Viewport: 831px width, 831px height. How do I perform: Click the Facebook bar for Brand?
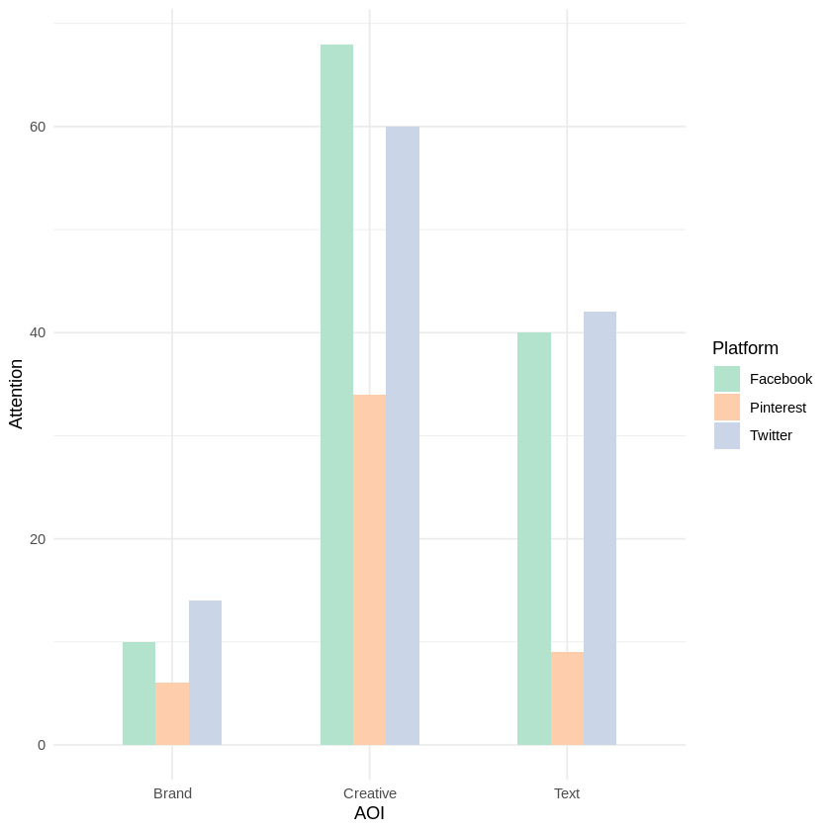(x=138, y=693)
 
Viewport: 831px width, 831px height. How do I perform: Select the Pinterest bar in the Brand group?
(x=172, y=713)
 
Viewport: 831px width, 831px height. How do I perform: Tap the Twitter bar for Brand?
(x=205, y=673)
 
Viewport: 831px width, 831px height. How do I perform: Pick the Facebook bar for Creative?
(x=336, y=395)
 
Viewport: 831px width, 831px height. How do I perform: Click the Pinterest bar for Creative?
(x=369, y=570)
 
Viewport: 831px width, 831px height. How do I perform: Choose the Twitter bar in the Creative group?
(x=403, y=435)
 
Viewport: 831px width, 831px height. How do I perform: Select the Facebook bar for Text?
(x=534, y=538)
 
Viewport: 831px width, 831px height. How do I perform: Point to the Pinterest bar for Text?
(x=567, y=698)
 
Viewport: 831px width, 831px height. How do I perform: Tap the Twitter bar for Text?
(x=600, y=528)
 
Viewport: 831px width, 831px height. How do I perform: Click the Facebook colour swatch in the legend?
(x=727, y=379)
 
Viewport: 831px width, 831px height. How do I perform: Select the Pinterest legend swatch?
(x=727, y=408)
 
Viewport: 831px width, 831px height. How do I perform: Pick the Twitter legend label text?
(x=771, y=435)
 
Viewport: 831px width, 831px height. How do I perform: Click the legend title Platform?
(x=745, y=348)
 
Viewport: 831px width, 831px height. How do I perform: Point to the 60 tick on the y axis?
(x=38, y=127)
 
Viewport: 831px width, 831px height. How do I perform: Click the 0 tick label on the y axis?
(x=42, y=745)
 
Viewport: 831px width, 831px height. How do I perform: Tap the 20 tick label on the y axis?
(x=38, y=539)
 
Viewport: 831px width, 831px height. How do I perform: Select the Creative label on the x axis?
(x=370, y=793)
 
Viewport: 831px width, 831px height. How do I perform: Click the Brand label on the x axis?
(x=172, y=793)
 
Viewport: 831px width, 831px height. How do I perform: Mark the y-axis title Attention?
(x=16, y=394)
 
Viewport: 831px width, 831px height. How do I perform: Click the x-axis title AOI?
(x=369, y=814)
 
